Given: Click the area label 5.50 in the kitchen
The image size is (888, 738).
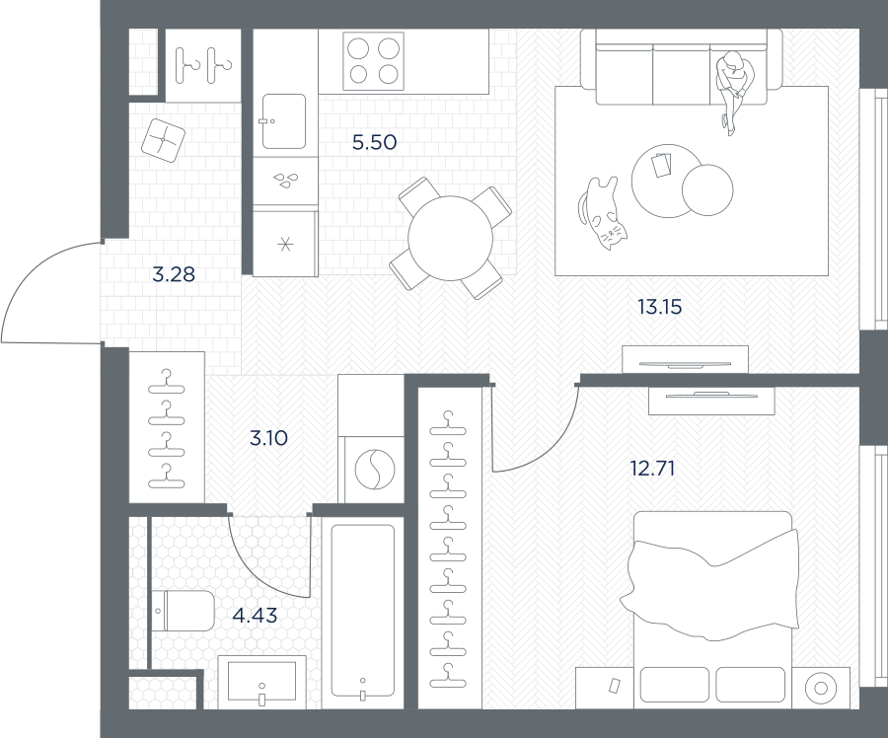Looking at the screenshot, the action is [x=374, y=142].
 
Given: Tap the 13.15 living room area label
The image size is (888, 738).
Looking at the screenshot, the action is [x=660, y=307].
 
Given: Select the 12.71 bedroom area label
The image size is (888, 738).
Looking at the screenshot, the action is [x=652, y=469].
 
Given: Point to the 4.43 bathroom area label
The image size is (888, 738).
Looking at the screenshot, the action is [x=255, y=615].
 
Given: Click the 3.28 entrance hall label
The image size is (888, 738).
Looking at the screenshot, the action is [x=174, y=274].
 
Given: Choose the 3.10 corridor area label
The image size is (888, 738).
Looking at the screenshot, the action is [x=268, y=438].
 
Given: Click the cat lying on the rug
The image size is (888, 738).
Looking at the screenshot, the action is [x=602, y=213].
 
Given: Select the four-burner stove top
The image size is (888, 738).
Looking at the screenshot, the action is [x=374, y=61].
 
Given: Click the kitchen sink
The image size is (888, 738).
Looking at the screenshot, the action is [x=284, y=121].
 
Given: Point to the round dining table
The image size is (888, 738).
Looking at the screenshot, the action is [x=450, y=238].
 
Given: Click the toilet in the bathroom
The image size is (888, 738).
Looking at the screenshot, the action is [x=185, y=611].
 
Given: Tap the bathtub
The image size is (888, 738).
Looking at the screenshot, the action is [x=362, y=612].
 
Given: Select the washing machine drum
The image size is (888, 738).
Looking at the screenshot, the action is [x=374, y=469].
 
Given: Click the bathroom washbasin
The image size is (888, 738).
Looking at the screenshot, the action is [x=261, y=682].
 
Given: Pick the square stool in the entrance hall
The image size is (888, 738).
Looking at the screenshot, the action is [x=163, y=140].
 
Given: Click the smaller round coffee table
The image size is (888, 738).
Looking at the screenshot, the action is [x=707, y=189].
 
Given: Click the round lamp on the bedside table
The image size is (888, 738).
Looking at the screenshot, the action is [x=821, y=688].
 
